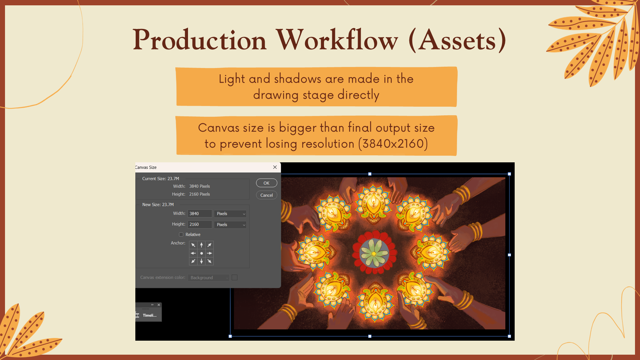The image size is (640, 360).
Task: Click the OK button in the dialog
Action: pyautogui.click(x=266, y=183)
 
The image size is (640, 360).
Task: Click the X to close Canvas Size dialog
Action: pyautogui.click(x=275, y=167)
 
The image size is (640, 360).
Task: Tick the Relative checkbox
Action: pyautogui.click(x=181, y=235)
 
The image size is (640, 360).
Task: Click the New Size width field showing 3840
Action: pyautogui.click(x=200, y=214)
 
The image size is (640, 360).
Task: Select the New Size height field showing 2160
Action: pyautogui.click(x=200, y=224)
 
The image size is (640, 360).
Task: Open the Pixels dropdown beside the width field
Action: pyautogui.click(x=230, y=214)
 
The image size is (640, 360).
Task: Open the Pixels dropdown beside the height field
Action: pyautogui.click(x=230, y=225)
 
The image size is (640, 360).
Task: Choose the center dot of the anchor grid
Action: pyautogui.click(x=201, y=253)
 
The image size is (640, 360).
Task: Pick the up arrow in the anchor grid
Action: pyautogui.click(x=201, y=245)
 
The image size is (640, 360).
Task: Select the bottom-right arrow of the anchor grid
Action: pyautogui.click(x=209, y=261)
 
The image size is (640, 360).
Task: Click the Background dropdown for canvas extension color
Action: pyautogui.click(x=208, y=278)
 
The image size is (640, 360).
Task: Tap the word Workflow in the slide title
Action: pyautogui.click(x=337, y=40)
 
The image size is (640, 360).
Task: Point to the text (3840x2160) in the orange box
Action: pyautogui.click(x=393, y=144)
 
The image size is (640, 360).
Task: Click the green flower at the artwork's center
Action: pyautogui.click(x=374, y=253)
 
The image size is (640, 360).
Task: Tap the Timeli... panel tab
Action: pyautogui.click(x=149, y=315)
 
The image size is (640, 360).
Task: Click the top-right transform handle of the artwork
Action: pyautogui.click(x=509, y=174)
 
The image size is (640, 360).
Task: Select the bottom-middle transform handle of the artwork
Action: pyautogui.click(x=370, y=336)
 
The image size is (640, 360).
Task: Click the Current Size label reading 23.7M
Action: pyautogui.click(x=161, y=179)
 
